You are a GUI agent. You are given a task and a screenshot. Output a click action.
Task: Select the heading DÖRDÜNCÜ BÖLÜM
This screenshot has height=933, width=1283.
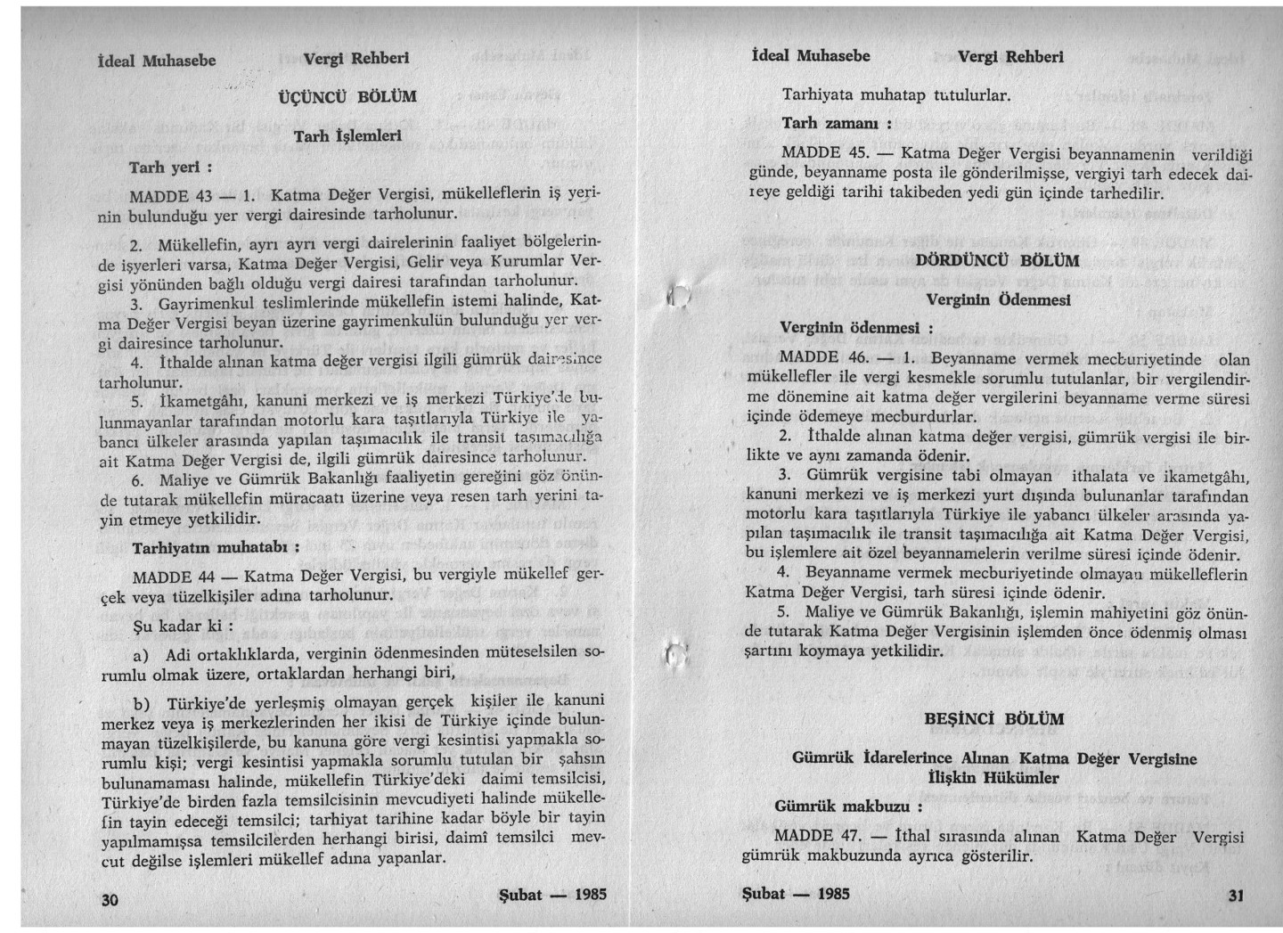click(997, 261)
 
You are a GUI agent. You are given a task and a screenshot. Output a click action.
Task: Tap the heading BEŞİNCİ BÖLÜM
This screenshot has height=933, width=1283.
click(993, 719)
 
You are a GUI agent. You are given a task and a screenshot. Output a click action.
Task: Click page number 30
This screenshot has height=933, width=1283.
click(110, 900)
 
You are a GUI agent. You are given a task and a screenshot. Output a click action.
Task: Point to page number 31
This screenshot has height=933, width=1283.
click(1235, 896)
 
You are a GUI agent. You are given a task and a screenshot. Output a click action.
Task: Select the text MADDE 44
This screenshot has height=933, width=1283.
click(171, 576)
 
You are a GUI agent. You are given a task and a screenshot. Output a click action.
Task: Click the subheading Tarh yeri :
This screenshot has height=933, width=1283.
click(169, 167)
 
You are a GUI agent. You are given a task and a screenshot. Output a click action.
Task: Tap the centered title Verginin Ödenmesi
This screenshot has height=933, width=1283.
click(998, 299)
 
